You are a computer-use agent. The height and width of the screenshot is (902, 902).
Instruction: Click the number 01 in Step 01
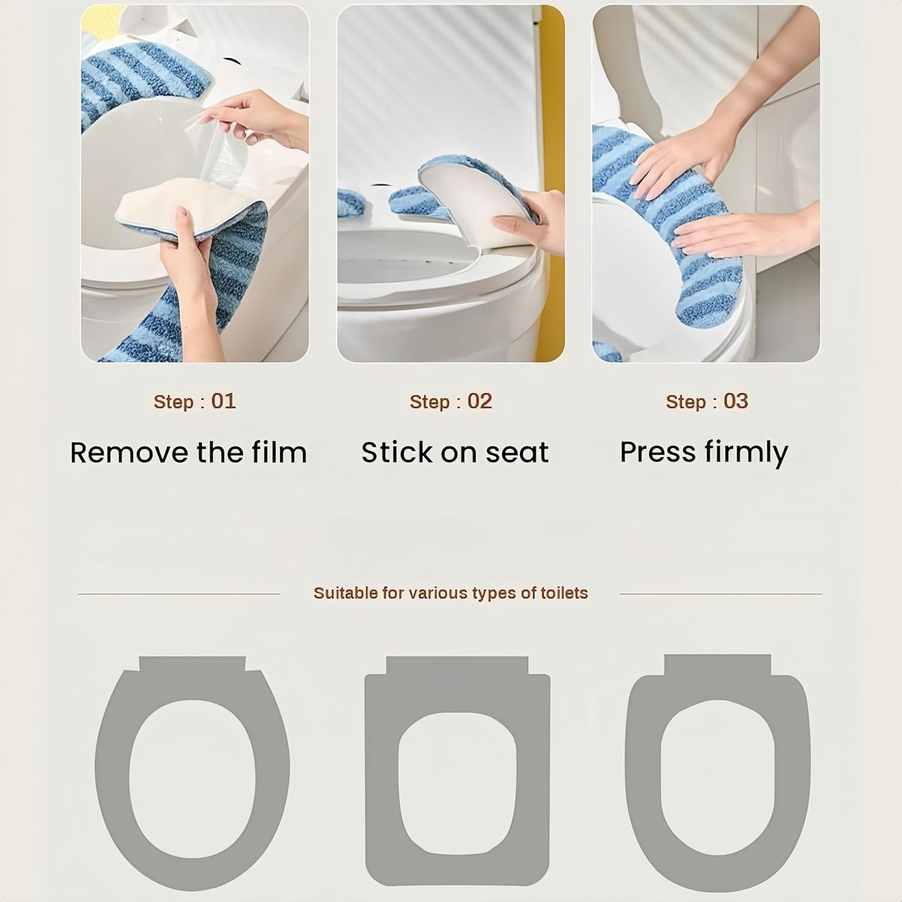click(x=223, y=401)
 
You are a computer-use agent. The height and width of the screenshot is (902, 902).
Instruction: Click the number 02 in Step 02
click(x=479, y=401)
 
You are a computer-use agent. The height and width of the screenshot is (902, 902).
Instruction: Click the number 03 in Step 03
click(x=735, y=401)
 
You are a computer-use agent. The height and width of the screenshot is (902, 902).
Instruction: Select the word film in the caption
click(x=278, y=453)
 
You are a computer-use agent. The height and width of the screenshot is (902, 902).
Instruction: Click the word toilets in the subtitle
click(x=564, y=593)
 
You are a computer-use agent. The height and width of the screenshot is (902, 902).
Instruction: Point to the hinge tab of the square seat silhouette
click(x=457, y=665)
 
